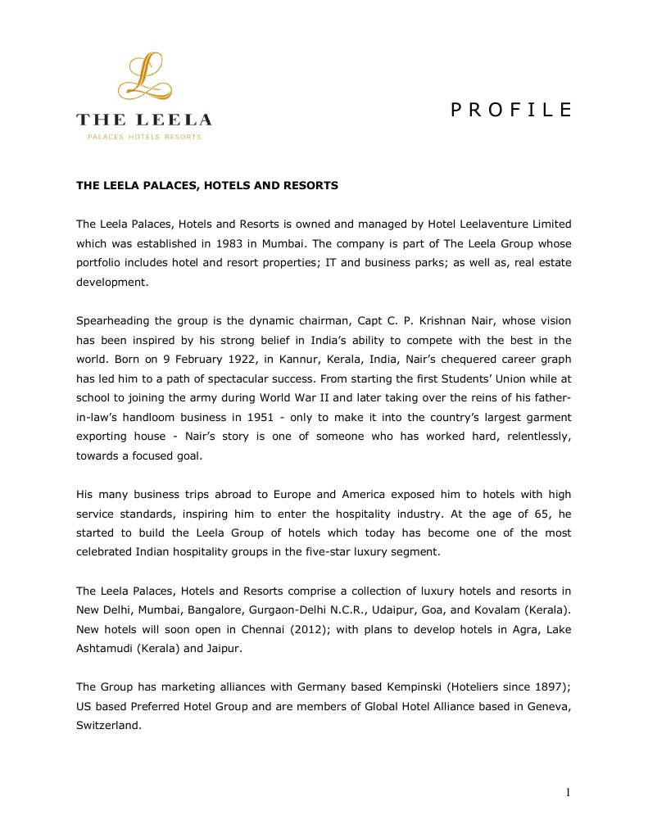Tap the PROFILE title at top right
coord(511,111)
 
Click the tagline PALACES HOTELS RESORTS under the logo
coord(144,137)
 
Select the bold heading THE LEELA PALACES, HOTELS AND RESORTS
coord(207,186)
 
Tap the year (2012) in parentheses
coord(324,629)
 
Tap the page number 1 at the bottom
coord(567,791)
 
